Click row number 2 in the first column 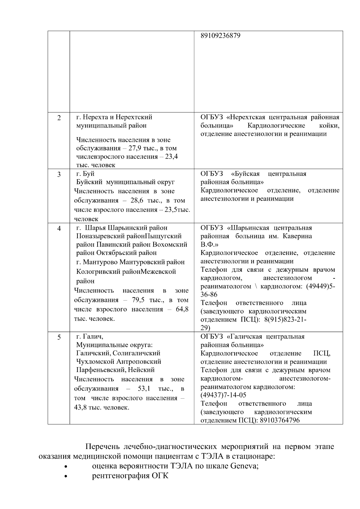(x=59, y=118)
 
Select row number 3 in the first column (x=59, y=174)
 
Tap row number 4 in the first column (x=59, y=229)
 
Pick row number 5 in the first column (x=59, y=337)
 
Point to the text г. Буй (x=85, y=174)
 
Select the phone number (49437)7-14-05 (x=223, y=395)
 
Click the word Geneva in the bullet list (x=243, y=466)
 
